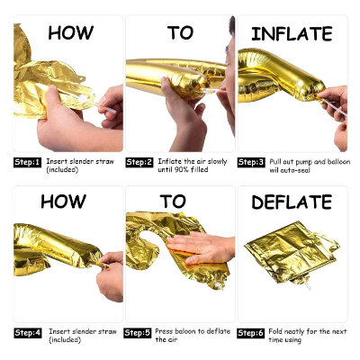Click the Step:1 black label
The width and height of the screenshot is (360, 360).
pyautogui.click(x=27, y=163)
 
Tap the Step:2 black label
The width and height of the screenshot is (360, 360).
pyautogui.click(x=139, y=163)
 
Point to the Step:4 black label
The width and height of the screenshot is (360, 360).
pyautogui.click(x=27, y=333)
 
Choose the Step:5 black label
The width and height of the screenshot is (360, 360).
pyautogui.click(x=139, y=333)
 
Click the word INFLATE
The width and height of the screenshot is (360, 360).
pyautogui.click(x=291, y=34)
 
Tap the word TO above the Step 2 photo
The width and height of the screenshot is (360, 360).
pyautogui.click(x=180, y=33)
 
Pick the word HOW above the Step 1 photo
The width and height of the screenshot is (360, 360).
pyautogui.click(x=70, y=33)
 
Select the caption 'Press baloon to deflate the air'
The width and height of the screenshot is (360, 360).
pyautogui.click(x=193, y=337)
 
